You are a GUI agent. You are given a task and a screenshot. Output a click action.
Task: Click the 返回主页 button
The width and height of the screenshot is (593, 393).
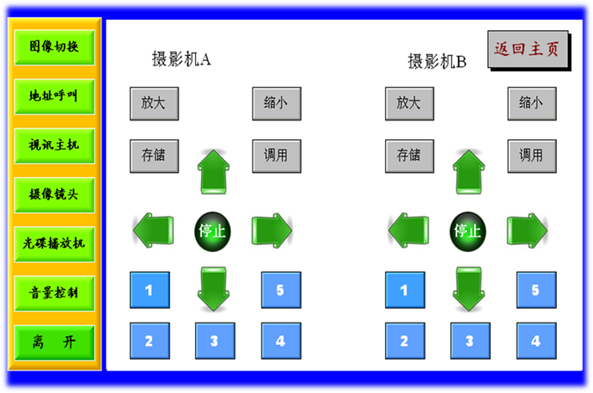526,49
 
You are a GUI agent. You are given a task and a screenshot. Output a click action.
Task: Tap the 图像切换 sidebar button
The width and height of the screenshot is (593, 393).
53,46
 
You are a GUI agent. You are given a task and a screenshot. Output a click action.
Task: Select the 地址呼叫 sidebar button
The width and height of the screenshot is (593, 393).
53,95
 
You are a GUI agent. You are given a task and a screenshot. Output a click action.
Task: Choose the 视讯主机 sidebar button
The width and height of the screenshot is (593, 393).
53,144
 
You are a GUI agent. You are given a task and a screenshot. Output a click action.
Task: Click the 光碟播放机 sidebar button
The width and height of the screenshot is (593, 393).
53,243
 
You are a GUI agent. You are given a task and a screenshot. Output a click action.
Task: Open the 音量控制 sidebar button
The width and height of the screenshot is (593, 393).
53,292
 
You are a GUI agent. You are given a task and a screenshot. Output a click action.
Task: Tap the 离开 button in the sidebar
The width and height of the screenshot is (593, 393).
53,342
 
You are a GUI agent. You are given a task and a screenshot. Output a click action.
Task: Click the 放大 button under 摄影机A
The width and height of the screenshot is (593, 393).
154,103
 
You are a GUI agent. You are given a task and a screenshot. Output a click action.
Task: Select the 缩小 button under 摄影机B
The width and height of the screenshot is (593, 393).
531,103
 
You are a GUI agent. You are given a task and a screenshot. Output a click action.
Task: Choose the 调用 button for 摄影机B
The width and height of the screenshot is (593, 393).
531,156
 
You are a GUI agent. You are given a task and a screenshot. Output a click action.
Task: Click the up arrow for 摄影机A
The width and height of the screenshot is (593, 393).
214,171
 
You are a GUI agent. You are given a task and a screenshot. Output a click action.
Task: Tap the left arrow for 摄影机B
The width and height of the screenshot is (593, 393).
408,230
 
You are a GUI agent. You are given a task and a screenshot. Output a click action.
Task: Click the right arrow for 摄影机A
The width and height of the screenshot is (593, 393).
272,230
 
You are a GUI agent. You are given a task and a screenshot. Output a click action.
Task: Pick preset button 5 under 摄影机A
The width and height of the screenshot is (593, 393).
280,290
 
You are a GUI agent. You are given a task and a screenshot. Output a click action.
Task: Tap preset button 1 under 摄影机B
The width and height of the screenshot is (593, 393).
405,290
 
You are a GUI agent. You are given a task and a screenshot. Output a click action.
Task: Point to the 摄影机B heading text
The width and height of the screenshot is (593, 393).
437,61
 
